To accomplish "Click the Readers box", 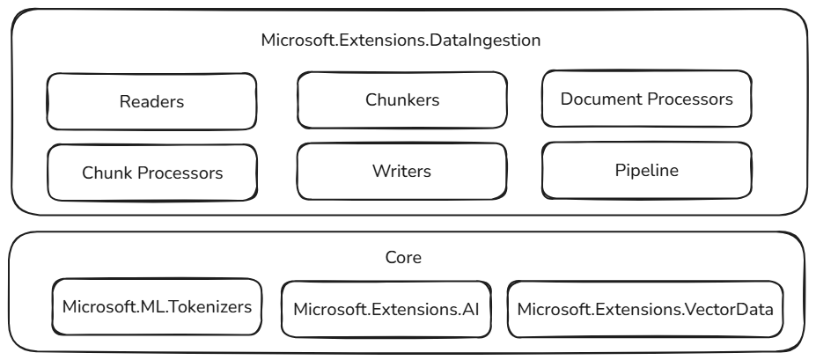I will click(151, 101).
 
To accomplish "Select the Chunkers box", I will click(401, 99).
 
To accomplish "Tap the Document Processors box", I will click(647, 99).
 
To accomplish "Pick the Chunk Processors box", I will click(151, 171).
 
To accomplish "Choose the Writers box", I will click(401, 170).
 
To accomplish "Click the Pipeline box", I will click(647, 170).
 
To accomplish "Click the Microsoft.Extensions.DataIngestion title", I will click(401, 40).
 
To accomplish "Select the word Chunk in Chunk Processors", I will click(104, 172).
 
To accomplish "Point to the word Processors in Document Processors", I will click(689, 99).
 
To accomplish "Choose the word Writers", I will click(401, 170).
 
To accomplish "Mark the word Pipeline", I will click(647, 170).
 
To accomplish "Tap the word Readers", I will click(151, 101).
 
